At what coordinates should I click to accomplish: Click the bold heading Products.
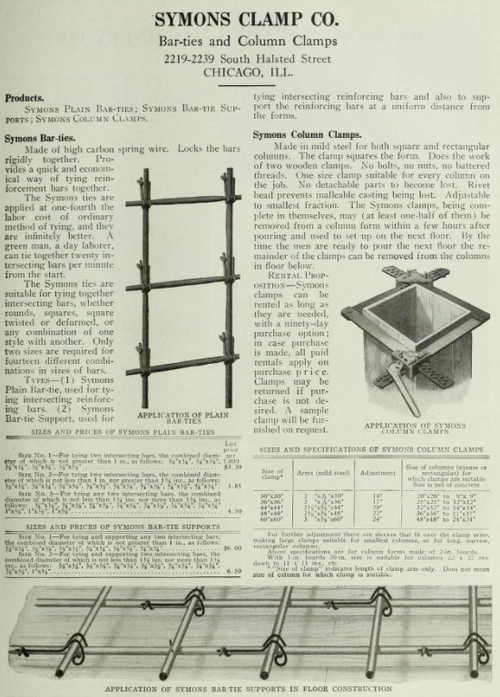tap(25, 98)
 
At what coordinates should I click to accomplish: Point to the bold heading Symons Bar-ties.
tap(39, 138)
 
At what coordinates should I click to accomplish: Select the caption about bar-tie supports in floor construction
tap(249, 689)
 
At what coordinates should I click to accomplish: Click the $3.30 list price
tap(230, 466)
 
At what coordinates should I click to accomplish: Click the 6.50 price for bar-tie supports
tap(232, 571)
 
